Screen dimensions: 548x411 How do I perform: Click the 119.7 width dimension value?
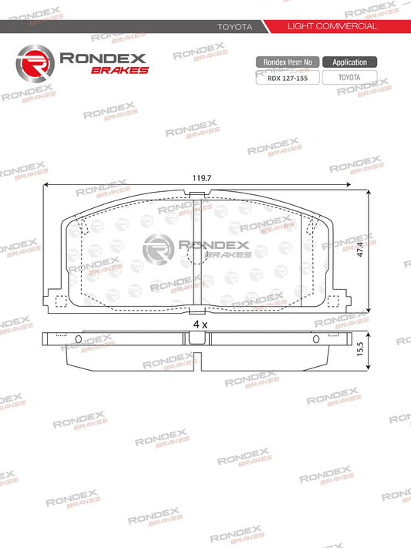click(201, 178)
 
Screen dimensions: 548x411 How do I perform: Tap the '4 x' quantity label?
click(200, 325)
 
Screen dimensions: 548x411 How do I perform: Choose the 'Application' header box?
click(349, 62)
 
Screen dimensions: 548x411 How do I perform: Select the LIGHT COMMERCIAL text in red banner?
click(332, 26)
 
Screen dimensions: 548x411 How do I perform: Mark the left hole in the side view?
click(78, 339)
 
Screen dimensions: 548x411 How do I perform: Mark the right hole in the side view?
click(315, 339)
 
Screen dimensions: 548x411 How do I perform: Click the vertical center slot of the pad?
click(200, 254)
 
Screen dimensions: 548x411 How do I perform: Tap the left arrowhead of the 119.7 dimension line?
click(47, 185)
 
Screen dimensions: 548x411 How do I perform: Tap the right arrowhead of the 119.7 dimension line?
click(366, 185)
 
